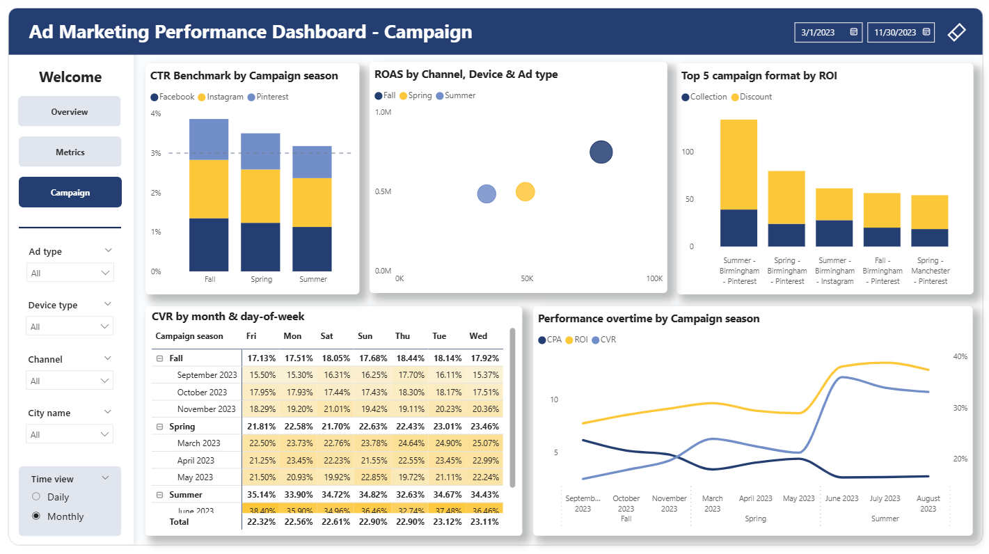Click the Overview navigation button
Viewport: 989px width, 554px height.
pyautogui.click(x=69, y=111)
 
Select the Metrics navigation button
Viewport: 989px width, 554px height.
pyautogui.click(x=70, y=152)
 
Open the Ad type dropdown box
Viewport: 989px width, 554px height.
pyautogui.click(x=70, y=273)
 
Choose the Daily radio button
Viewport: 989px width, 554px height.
pyautogui.click(x=37, y=497)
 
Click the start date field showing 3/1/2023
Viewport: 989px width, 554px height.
pyautogui.click(x=828, y=32)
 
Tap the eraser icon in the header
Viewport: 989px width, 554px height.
pyautogui.click(x=957, y=32)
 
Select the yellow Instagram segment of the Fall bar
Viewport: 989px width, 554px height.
pyautogui.click(x=209, y=189)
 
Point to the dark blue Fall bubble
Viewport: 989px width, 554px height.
pyautogui.click(x=601, y=152)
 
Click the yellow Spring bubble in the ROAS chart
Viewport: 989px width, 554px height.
pyautogui.click(x=525, y=191)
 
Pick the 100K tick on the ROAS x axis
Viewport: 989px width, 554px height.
pyautogui.click(x=654, y=278)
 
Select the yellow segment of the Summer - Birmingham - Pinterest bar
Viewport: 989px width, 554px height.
pyautogui.click(x=738, y=164)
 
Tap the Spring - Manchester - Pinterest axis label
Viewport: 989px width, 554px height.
pyautogui.click(x=929, y=271)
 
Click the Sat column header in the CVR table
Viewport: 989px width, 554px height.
pyautogui.click(x=326, y=336)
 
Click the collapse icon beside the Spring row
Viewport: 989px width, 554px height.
pyautogui.click(x=160, y=427)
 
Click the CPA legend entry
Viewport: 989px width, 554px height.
pyautogui.click(x=550, y=340)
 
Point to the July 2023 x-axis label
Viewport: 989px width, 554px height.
pyautogui.click(x=885, y=498)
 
